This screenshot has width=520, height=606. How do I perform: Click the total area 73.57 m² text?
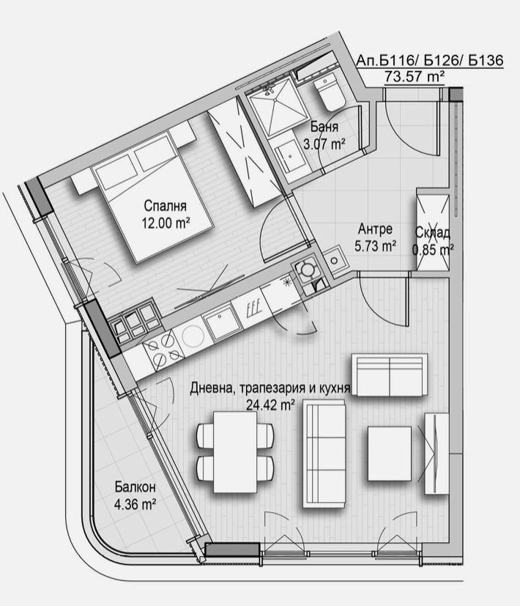pos(414,76)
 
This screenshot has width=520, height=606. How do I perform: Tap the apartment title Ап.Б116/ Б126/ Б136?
pos(430,60)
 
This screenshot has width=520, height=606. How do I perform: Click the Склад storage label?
pos(432,233)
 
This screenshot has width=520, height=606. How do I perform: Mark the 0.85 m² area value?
pos(433,249)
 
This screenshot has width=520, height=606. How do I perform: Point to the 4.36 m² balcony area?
pos(135,504)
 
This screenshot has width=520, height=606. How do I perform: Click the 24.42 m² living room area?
pos(271,403)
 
